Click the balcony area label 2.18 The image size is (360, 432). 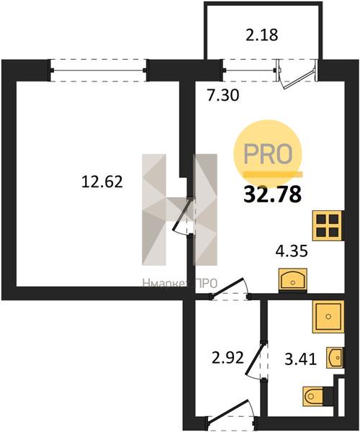[x=261, y=35]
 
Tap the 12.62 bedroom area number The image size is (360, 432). [x=102, y=182]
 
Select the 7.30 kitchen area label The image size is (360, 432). [x=223, y=95]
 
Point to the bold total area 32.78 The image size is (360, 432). [x=272, y=194]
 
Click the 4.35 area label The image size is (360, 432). [x=292, y=251]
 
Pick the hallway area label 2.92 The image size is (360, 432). [x=228, y=358]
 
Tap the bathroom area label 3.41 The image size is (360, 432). [x=300, y=359]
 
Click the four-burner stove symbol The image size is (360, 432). [x=328, y=225]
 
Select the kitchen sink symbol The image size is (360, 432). [x=293, y=280]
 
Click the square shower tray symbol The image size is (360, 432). [x=328, y=317]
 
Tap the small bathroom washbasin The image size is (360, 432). [x=336, y=358]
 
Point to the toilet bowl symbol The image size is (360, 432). [x=313, y=396]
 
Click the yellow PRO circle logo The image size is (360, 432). [x=268, y=154]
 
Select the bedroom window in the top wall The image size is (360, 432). [x=98, y=71]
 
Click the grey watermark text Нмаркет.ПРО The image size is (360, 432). [x=180, y=283]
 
